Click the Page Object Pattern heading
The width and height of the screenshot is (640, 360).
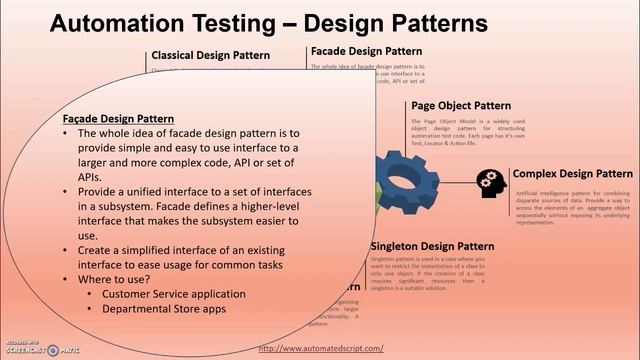pyautogui.click(x=461, y=105)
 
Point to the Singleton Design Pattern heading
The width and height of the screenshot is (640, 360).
pyautogui.click(x=432, y=245)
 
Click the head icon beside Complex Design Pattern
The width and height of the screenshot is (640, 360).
pyautogui.click(x=489, y=181)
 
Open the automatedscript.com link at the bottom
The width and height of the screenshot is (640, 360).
pyautogui.click(x=320, y=348)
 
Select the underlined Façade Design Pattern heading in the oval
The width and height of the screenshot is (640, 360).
pyautogui.click(x=118, y=118)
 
